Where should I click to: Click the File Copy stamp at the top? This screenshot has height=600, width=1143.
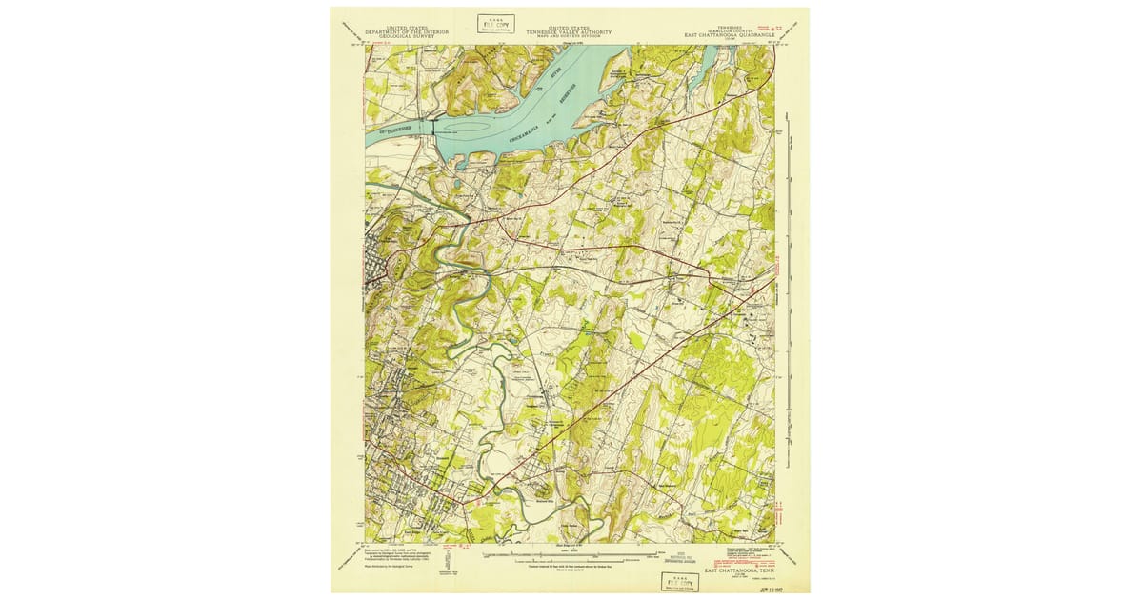point(496,23)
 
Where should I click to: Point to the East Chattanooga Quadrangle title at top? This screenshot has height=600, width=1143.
point(732,35)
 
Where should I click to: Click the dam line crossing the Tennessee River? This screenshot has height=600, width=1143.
point(433,132)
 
